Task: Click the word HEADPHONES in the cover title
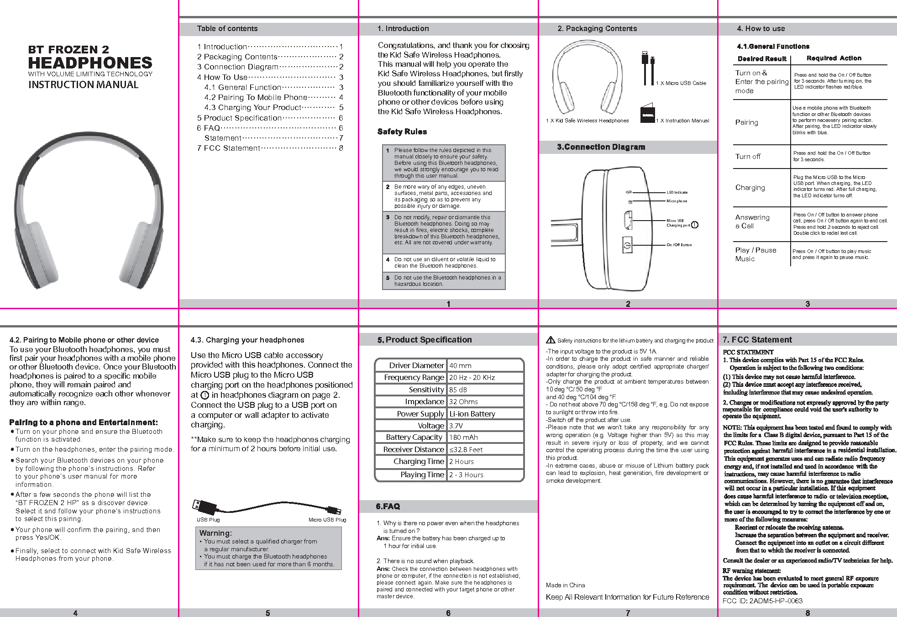tap(90, 63)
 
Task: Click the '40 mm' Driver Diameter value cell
tap(460, 366)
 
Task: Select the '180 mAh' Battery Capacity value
tap(463, 438)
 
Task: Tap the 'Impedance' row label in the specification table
tap(424, 401)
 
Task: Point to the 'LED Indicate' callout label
tap(677, 192)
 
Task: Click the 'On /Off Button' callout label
tap(679, 245)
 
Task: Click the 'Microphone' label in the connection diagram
tap(677, 201)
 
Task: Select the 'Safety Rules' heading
tap(402, 132)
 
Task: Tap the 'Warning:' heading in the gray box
tap(215, 533)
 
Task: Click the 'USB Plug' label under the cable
tap(208, 520)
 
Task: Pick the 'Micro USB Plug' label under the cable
tap(327, 520)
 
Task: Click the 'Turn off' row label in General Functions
tap(748, 157)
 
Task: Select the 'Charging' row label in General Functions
tap(750, 188)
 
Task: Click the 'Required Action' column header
tap(834, 58)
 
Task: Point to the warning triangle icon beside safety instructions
tap(551, 340)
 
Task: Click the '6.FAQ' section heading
tap(388, 506)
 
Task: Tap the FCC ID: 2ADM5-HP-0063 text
tap(762, 601)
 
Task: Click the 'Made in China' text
tap(565, 585)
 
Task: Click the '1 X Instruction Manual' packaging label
tap(682, 121)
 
